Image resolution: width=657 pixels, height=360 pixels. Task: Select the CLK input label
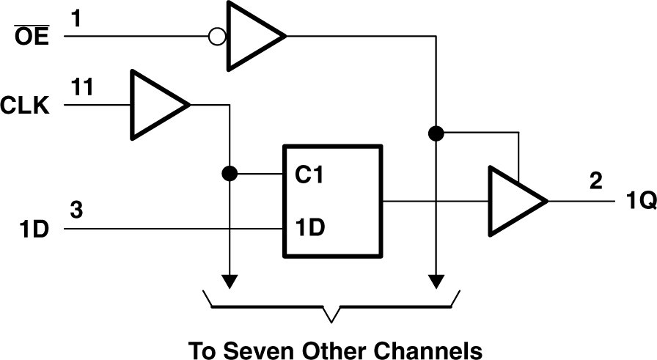25,108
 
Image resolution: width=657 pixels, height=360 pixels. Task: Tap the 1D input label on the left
34,229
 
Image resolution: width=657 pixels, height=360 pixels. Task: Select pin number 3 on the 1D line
77,210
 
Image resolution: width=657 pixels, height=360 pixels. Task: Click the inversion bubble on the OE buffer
217,36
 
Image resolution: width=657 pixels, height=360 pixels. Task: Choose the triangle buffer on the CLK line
155,105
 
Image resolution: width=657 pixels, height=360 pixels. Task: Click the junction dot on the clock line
230,175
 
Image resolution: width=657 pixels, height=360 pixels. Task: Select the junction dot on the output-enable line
436,133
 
